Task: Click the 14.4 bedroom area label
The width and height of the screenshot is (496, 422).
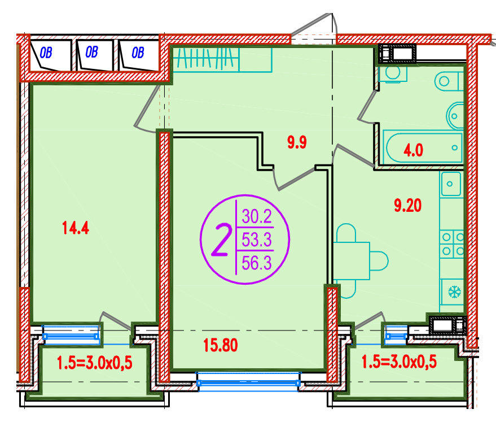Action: [76, 228]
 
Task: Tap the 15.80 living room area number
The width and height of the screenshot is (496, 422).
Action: [221, 345]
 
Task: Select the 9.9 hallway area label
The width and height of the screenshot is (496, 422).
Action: [297, 142]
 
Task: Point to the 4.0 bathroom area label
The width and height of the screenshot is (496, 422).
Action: [413, 150]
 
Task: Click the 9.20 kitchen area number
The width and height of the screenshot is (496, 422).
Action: [408, 205]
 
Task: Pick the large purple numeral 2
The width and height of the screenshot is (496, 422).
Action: [221, 240]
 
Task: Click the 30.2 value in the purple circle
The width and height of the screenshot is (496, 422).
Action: [257, 216]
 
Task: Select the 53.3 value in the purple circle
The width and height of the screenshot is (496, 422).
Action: [257, 240]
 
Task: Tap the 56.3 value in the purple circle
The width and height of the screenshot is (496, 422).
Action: [257, 263]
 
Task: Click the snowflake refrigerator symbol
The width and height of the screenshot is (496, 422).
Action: [455, 292]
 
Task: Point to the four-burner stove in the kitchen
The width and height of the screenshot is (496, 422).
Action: [452, 244]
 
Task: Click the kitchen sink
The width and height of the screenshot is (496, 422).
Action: [450, 184]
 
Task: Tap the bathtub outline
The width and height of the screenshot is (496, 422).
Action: [422, 147]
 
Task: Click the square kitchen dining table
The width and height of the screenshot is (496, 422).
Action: [352, 261]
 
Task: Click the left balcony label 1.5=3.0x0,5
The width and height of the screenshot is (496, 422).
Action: [95, 363]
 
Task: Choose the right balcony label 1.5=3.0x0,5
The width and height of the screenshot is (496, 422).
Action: [399, 362]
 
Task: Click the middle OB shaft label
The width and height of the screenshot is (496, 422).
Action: [92, 52]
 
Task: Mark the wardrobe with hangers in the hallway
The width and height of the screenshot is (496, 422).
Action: [221, 59]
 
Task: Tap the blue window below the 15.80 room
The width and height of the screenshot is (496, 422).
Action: [248, 383]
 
